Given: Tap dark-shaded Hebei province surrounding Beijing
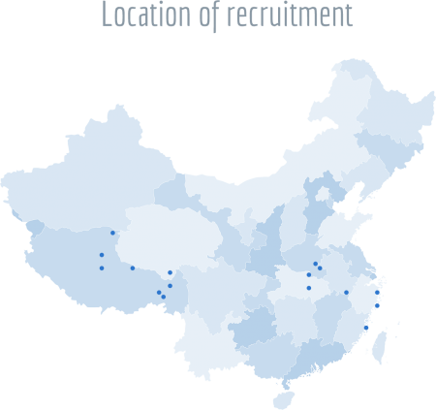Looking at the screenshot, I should tap(317, 208).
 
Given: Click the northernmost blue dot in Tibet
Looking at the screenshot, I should tap(112, 233).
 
